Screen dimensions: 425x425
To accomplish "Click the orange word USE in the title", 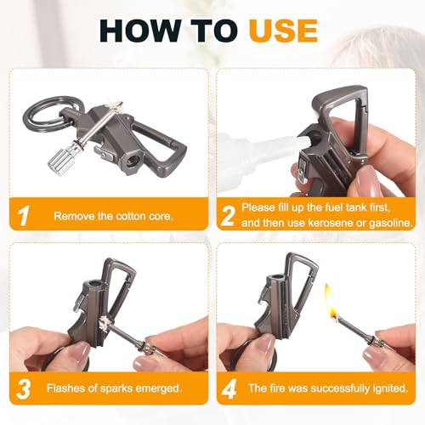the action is (x=283, y=31).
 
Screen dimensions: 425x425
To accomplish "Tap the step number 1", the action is (x=24, y=216).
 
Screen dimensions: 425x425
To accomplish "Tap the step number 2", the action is (x=228, y=216).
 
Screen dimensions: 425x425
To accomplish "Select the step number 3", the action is (x=23, y=388).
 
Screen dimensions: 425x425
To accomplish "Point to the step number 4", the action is (x=229, y=388).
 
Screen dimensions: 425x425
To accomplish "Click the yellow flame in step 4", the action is (x=330, y=299).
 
